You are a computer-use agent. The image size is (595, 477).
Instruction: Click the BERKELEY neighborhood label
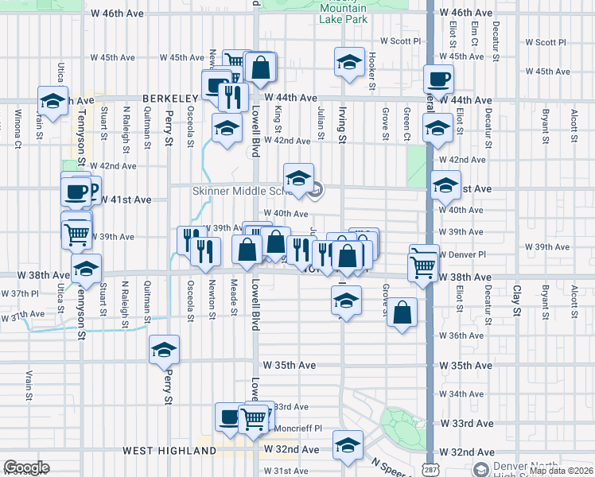point(169,98)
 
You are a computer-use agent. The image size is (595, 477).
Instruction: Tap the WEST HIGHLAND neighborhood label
point(169,451)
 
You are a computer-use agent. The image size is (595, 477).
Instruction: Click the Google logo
point(26,467)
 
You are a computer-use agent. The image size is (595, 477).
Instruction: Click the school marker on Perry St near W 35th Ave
point(165,350)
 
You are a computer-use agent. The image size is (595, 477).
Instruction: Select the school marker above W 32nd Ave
point(348,445)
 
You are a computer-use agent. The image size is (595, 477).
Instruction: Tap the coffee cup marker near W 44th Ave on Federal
point(438,79)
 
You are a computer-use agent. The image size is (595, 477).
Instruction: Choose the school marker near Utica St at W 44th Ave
point(52,102)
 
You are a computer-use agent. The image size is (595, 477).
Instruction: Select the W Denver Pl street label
point(462,254)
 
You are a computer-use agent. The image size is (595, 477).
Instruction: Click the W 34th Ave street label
point(461,394)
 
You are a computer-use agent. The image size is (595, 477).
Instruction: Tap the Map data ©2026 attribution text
point(561,471)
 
